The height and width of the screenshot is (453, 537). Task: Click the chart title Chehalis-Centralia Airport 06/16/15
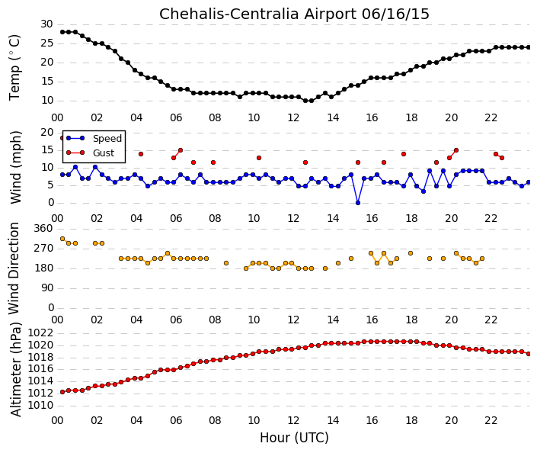tap(294, 14)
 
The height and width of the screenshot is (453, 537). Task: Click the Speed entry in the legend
tap(107, 138)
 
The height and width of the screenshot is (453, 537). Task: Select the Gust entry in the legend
tap(104, 153)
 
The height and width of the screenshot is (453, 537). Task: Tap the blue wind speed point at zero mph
tap(358, 203)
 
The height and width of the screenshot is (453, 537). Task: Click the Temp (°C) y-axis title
tap(14, 68)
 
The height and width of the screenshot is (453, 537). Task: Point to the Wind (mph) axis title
tap(15, 167)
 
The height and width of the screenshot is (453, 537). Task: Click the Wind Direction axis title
tap(14, 268)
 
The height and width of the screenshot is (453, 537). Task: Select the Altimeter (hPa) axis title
tap(15, 369)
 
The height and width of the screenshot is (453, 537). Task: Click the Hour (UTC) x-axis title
tap(294, 438)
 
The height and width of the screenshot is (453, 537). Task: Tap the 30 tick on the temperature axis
tap(46, 24)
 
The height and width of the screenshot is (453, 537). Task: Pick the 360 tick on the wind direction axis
tap(43, 228)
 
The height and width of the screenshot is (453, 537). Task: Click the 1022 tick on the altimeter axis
tap(40, 333)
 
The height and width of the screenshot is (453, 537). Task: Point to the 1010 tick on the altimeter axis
tap(40, 406)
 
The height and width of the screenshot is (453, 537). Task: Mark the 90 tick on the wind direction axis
tap(47, 288)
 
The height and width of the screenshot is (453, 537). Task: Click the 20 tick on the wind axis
tap(47, 133)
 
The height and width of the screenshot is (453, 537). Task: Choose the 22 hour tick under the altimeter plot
tap(491, 420)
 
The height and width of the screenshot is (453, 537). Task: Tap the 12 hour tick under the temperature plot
tap(293, 117)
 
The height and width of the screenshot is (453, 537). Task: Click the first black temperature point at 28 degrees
tap(62, 32)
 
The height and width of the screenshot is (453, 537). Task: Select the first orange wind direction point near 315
tap(62, 239)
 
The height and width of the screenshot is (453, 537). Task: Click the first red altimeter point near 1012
tap(62, 392)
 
